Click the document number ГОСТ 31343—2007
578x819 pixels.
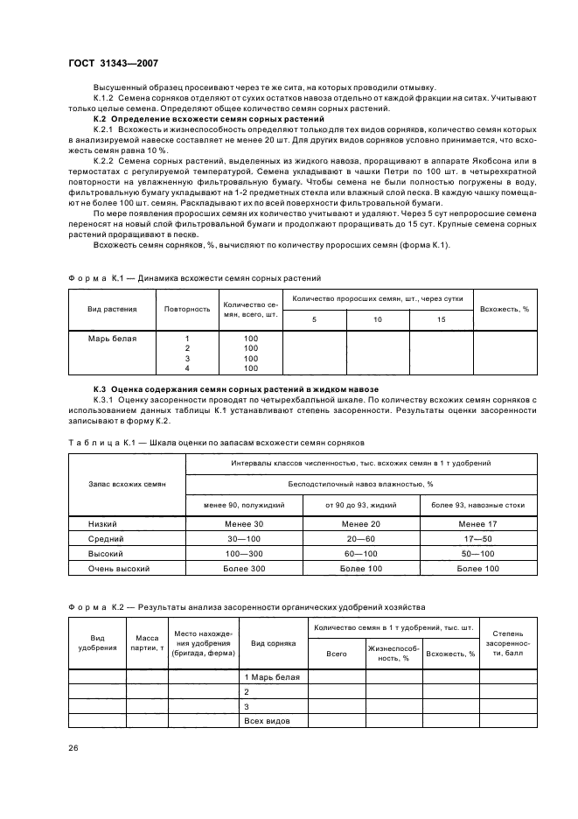112,62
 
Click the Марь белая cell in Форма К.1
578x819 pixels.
112,338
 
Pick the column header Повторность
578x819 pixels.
187,309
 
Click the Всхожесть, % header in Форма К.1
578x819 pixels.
504,309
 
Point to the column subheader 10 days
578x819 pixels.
378,320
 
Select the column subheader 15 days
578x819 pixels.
441,320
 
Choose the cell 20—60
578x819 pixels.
360,539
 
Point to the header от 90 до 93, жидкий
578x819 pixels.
360,505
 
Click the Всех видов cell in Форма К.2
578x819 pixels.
266,721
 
